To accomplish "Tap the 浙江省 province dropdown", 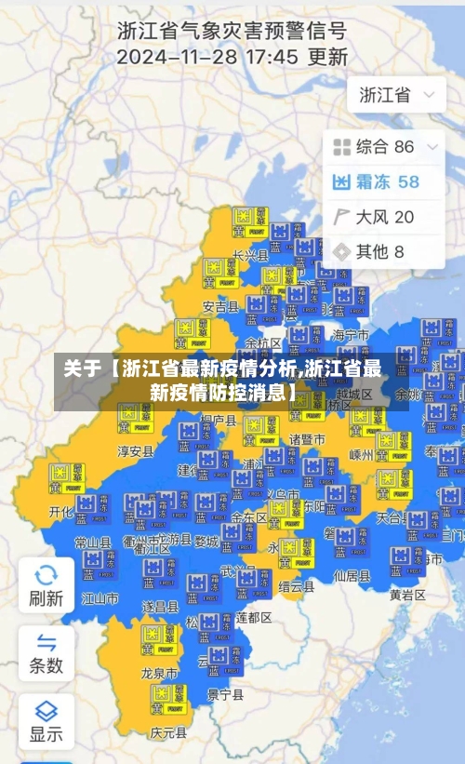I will point(396,95).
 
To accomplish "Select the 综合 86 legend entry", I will point(374,146).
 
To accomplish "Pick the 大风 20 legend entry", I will point(374,217).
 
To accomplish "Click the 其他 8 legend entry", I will point(369,251).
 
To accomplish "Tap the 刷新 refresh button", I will point(46,585).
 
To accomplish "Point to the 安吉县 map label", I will point(220,306).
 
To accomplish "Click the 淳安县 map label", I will point(135,451).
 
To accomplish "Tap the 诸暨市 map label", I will point(307,438).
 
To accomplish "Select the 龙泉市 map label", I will point(159,672).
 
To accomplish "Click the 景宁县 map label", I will point(225,694).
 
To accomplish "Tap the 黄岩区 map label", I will point(407,595).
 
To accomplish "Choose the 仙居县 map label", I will point(352,576).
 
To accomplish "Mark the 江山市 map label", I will point(100,598).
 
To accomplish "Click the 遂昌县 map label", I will point(160,606).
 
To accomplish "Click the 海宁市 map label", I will point(352,334).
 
